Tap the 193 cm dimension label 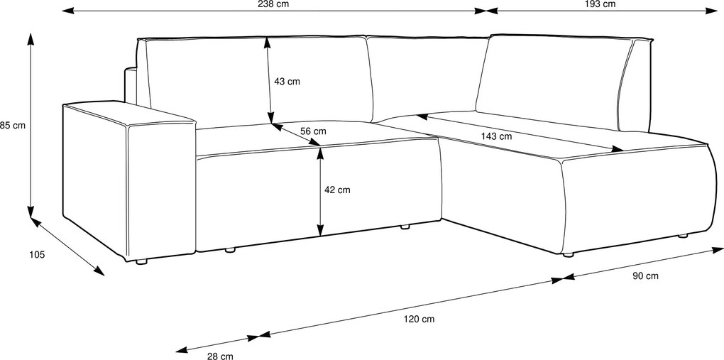tap(603, 4)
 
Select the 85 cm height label tap(13, 125)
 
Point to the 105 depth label tap(37, 254)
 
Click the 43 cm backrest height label tap(287, 82)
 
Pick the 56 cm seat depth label tap(313, 131)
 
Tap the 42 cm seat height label tap(338, 190)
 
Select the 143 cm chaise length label tap(496, 136)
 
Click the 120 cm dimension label tap(419, 319)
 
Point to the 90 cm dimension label tap(645, 276)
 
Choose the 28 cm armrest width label tap(220, 356)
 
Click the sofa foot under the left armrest tap(141, 261)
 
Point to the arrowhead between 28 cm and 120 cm tap(259, 336)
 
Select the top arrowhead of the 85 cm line tap(31, 39)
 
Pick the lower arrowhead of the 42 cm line tap(320, 229)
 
